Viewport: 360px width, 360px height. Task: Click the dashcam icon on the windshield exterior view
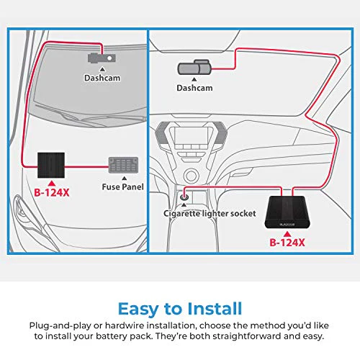(x=102, y=58)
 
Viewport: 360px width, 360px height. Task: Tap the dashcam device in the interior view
(x=194, y=68)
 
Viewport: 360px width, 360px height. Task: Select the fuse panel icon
(x=123, y=165)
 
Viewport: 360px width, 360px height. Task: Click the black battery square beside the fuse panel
(x=51, y=165)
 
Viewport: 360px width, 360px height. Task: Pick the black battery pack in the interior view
(x=287, y=212)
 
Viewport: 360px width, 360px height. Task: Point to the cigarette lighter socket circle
(x=184, y=197)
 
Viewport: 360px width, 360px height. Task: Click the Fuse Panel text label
(x=122, y=186)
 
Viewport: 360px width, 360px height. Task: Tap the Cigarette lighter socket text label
(x=210, y=213)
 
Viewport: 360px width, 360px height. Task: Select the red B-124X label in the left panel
(x=52, y=192)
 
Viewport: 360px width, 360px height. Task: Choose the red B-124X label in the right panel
(x=287, y=243)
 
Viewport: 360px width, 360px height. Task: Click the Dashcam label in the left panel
(x=102, y=78)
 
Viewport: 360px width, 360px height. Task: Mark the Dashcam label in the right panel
(x=194, y=88)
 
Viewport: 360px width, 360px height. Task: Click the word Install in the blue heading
(x=215, y=309)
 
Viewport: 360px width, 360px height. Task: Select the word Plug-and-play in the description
(x=60, y=326)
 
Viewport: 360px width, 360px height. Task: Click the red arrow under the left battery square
(x=52, y=184)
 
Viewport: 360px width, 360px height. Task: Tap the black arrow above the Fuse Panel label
(x=125, y=178)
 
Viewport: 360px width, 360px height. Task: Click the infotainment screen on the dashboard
(x=191, y=136)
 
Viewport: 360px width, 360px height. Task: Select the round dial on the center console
(x=191, y=176)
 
